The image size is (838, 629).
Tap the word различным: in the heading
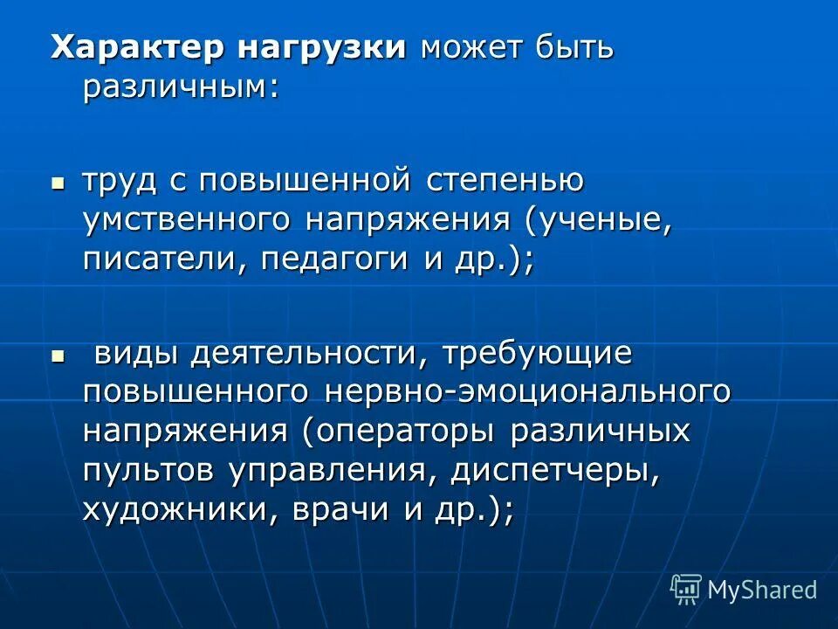point(182,87)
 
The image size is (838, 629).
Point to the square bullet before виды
point(58,356)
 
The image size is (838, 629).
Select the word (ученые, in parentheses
point(599,221)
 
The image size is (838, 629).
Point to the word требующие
point(535,354)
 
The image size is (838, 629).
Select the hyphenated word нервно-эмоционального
point(527,392)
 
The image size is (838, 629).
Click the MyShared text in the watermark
point(762,589)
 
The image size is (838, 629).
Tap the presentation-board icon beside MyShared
point(686,589)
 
